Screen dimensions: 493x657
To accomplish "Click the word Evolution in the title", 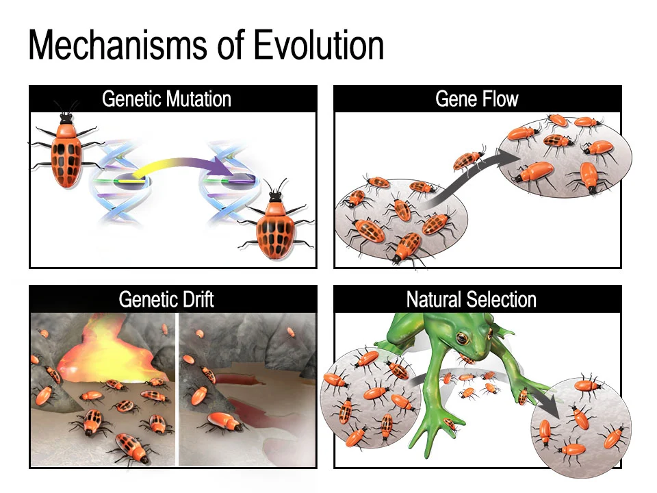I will pos(318,45).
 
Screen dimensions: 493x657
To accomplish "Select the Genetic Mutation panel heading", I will pos(166,99).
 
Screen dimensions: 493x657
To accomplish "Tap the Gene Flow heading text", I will pos(477,99).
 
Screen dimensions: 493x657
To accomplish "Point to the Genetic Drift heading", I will pos(166,299).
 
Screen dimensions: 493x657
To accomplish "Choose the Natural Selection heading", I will pos(471,299).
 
